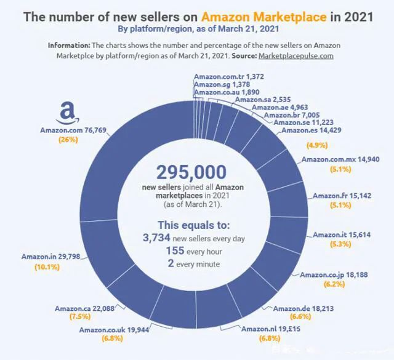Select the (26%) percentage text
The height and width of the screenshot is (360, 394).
[68, 140]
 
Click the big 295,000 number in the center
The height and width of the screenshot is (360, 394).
[191, 172]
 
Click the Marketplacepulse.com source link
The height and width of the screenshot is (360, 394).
[296, 55]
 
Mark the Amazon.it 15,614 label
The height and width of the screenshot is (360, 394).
[342, 235]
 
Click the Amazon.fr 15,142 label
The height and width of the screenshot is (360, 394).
[342, 196]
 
